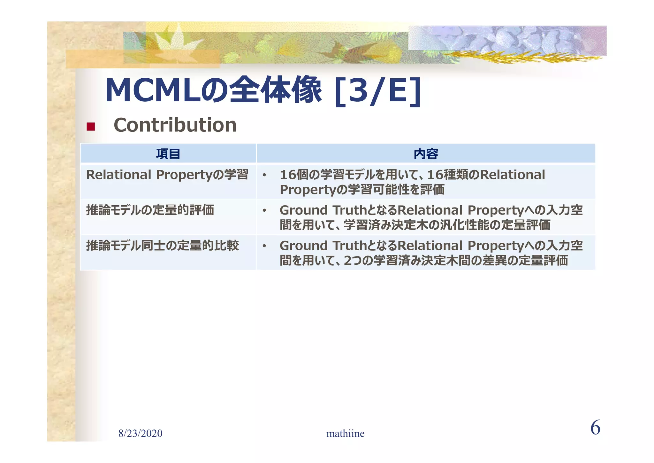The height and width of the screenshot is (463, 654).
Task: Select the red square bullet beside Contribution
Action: (x=91, y=127)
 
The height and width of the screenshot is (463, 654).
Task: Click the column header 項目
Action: (x=168, y=154)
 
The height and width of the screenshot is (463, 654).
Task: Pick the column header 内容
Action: (x=426, y=154)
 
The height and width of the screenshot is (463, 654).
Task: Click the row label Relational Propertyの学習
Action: (x=167, y=175)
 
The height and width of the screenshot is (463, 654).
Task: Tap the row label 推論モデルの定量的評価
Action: (x=150, y=210)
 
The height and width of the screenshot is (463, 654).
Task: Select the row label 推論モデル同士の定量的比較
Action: (x=163, y=246)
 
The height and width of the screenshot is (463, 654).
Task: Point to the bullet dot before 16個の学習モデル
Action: (x=264, y=175)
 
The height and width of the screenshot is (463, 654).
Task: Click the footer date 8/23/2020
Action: (x=140, y=434)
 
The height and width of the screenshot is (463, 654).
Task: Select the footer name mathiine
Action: (x=345, y=434)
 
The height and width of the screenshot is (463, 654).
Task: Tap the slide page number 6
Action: (x=595, y=428)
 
